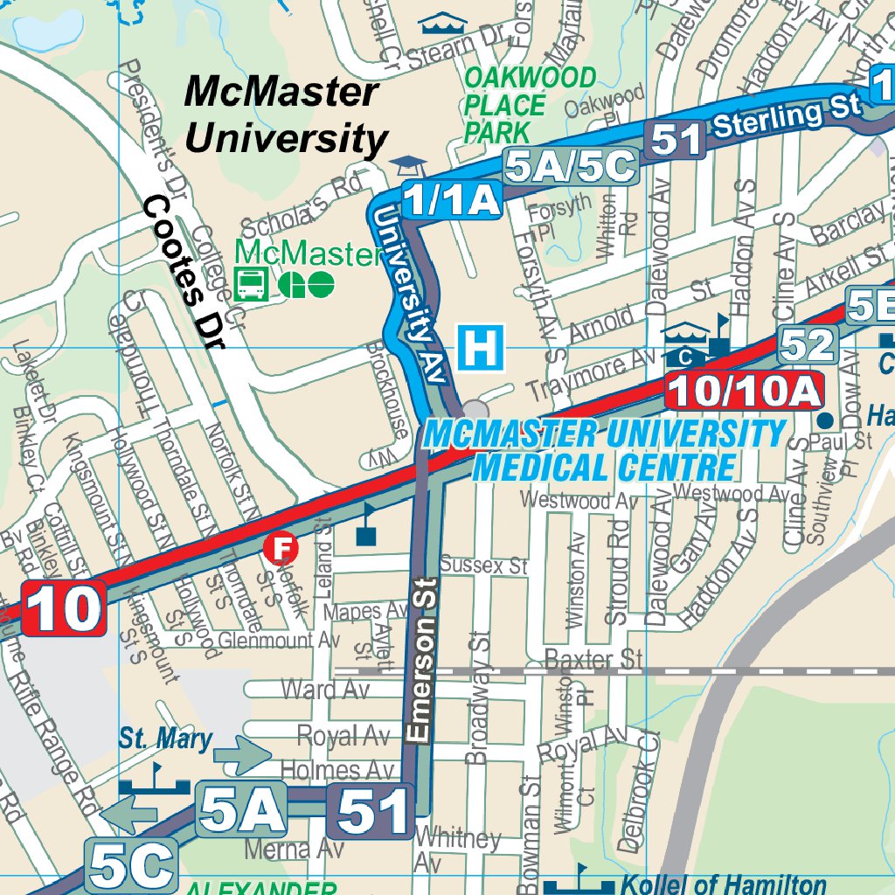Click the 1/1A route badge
click(x=452, y=200)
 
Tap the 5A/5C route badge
click(x=570, y=166)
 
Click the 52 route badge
click(x=808, y=345)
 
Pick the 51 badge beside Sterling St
click(x=676, y=140)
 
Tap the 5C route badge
click(x=131, y=865)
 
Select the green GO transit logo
click(x=306, y=283)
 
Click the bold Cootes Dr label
click(x=184, y=272)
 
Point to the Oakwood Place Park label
click(x=530, y=105)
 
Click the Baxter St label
click(x=593, y=657)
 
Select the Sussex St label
click(x=484, y=565)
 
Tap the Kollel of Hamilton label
click(x=723, y=884)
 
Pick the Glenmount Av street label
click(x=278, y=641)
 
